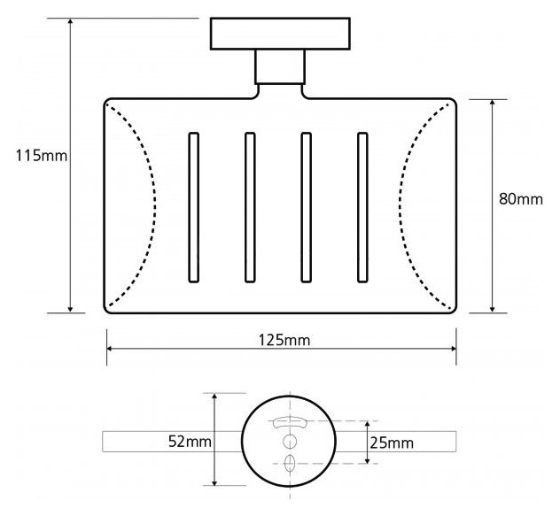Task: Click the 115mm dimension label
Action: (41, 156)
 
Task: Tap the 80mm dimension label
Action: (521, 199)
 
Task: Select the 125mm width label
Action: (284, 340)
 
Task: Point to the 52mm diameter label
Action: (190, 442)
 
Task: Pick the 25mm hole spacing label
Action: (392, 443)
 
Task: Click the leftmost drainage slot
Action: (193, 208)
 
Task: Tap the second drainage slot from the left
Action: (250, 208)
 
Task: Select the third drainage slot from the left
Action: (306, 208)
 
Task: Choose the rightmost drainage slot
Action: (362, 208)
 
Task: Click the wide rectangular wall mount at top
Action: (280, 34)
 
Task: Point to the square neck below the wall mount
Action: (280, 66)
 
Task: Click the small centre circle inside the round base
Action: (290, 442)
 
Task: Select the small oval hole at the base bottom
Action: (290, 463)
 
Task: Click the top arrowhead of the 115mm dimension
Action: (70, 20)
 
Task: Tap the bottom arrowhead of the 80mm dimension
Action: (493, 311)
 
